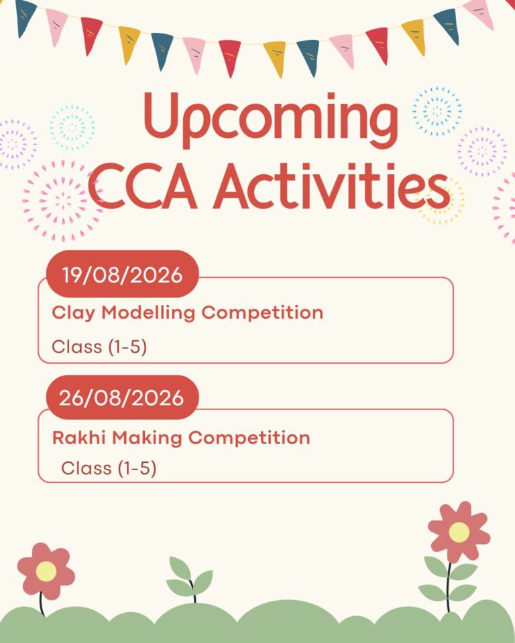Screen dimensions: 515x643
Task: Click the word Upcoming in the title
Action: (271, 119)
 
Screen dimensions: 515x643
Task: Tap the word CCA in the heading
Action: (142, 187)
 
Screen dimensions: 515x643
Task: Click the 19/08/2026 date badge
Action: (123, 274)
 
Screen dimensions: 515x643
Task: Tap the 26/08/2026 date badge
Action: (123, 397)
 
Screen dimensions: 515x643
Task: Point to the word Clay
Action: (74, 313)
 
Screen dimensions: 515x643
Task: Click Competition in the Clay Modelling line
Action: (262, 313)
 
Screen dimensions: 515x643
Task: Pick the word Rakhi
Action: (79, 437)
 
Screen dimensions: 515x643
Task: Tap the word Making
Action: (147, 438)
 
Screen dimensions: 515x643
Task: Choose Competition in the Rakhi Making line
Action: (249, 438)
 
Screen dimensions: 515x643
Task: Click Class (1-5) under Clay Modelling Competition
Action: (99, 347)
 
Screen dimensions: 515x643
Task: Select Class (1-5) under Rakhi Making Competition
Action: (109, 468)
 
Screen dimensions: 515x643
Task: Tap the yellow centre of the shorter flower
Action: (46, 571)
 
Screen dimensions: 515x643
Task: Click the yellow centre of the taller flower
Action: (459, 532)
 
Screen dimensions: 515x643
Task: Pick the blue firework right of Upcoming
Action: (437, 111)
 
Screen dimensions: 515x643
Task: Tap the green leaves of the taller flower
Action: (449, 579)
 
